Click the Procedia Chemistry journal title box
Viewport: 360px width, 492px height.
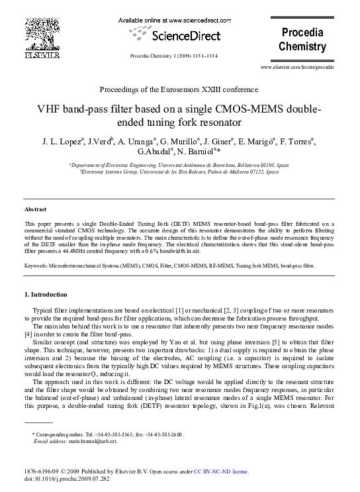pos(302,40)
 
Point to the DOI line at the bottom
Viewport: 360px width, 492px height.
pos(66,479)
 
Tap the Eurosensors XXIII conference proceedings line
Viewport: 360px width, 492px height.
pos(179,89)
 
